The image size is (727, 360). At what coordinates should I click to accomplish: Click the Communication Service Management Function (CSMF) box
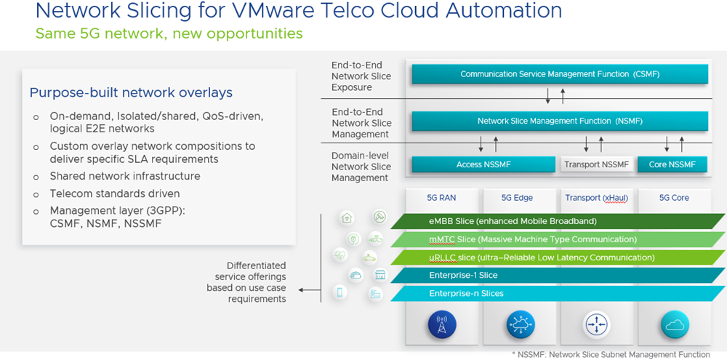pos(559,74)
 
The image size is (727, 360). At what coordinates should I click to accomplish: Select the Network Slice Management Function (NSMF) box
pos(559,121)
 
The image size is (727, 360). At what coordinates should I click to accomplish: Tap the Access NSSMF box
pos(483,164)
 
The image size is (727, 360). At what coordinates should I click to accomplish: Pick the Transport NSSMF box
pos(597,164)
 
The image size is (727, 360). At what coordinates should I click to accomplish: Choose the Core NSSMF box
pos(672,164)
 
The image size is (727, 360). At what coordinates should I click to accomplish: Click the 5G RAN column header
pos(441,198)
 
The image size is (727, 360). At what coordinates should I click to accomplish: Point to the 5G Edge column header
pos(517,198)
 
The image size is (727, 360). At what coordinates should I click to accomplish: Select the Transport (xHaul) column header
pos(596,198)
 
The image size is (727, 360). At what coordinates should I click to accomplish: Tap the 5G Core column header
pos(673,198)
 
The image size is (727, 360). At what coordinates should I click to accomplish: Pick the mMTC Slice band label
pos(533,239)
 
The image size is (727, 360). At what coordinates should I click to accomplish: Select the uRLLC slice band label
pos(542,257)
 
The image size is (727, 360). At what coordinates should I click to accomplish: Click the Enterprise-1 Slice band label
pos(464,276)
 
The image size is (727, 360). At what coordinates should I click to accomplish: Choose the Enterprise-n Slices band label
pos(466,294)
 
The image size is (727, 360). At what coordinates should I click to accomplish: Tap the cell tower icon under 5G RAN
pos(442,324)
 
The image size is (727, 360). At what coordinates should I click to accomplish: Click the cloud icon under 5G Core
pos(674,324)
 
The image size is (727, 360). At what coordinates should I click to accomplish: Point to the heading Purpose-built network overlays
pos(131,92)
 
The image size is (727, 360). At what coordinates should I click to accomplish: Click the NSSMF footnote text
pos(611,354)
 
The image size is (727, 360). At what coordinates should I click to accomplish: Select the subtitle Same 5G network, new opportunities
pos(169,33)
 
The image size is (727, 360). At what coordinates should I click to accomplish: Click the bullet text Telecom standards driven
pos(114,193)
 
